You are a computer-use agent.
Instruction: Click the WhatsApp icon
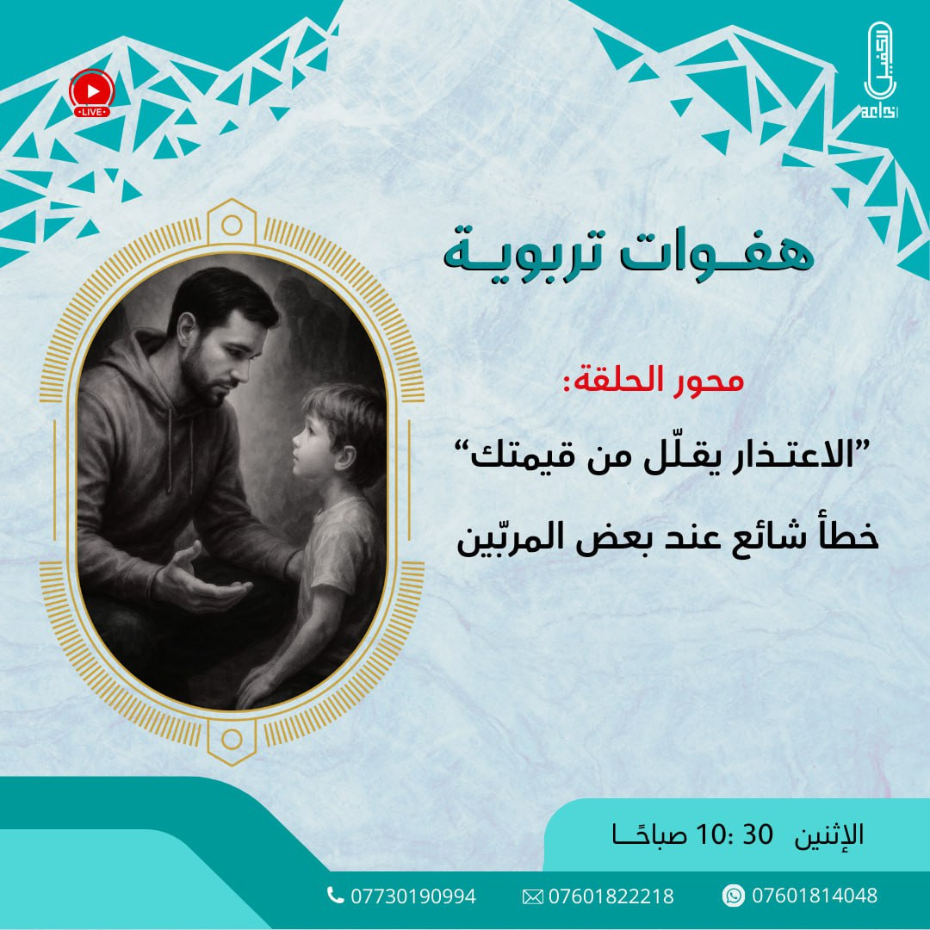click(x=734, y=896)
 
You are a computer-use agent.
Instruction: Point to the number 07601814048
click(x=814, y=896)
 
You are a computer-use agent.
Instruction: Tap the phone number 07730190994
click(x=412, y=896)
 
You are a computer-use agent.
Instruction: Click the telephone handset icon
click(x=336, y=896)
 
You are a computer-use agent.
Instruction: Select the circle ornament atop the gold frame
click(x=231, y=226)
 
